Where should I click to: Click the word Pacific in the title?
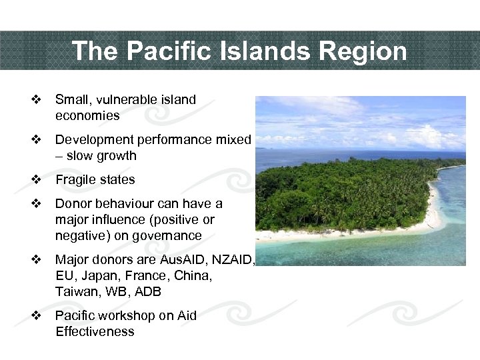click(x=155, y=51)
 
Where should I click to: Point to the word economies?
click(x=87, y=116)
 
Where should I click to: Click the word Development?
click(x=95, y=140)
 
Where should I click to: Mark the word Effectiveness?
click(x=95, y=331)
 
